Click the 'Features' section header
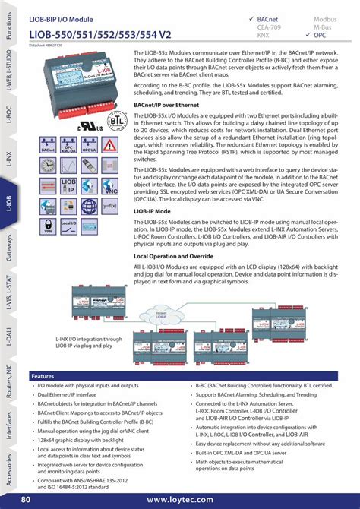[44, 376]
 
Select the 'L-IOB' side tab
[9, 204]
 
